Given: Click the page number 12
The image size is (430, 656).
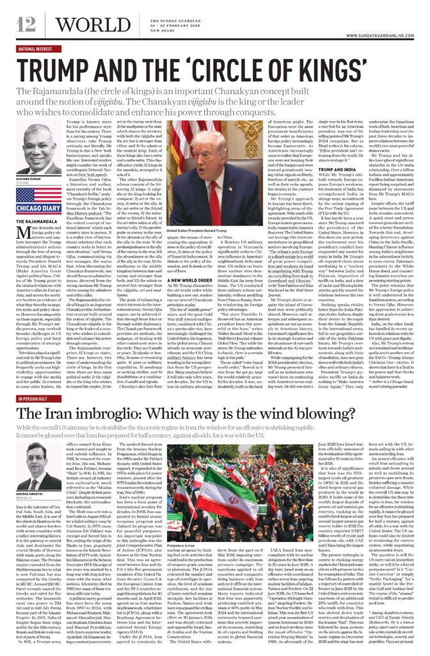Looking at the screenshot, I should [26, 25].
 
